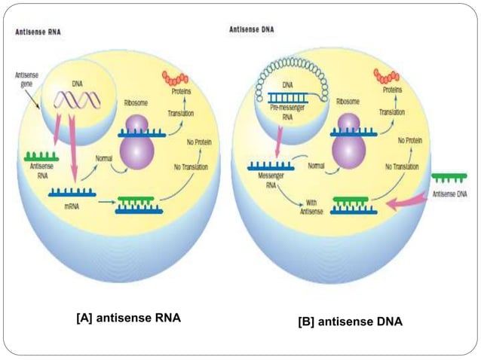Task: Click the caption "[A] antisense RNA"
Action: tap(128, 318)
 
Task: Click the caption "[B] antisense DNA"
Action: tap(350, 322)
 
